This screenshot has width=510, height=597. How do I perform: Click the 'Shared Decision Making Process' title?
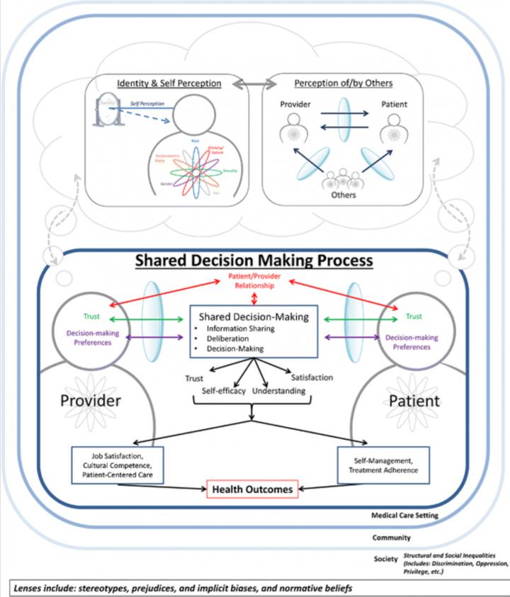pos(255,260)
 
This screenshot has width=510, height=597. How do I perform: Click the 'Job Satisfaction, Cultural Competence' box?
pos(118,465)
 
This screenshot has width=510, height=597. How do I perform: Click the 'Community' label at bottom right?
pos(391,538)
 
